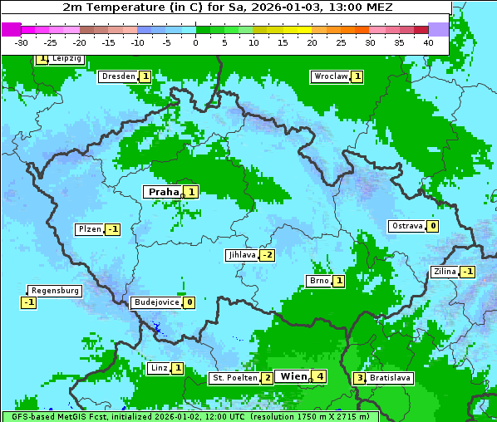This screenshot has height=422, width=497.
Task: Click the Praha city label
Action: coord(163,192)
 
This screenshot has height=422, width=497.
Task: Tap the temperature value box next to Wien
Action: coord(319,376)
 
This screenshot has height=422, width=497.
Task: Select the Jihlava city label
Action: coord(241,255)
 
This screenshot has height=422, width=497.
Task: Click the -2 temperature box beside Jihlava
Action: coord(267,255)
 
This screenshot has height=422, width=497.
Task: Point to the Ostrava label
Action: coord(406,226)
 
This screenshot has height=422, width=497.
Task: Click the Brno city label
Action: coord(319,281)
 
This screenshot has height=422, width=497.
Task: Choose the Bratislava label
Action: coord(390,378)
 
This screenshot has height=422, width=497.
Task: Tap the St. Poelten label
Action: coord(234,378)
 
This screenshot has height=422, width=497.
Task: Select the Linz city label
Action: coord(159,368)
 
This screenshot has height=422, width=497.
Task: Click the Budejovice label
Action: coord(155,302)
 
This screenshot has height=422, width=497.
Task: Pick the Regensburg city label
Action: coord(55,291)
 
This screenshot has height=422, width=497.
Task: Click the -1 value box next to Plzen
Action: coord(112,229)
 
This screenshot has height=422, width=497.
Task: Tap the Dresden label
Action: coord(118,76)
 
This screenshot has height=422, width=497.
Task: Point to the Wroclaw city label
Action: coord(330,76)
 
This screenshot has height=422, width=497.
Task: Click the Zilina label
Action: coord(444,272)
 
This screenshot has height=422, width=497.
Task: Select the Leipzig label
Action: coord(66,59)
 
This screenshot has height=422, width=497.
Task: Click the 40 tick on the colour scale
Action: coord(428,42)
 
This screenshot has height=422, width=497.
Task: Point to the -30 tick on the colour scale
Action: coord(22,42)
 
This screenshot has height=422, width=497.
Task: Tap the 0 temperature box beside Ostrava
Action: coord(433,226)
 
